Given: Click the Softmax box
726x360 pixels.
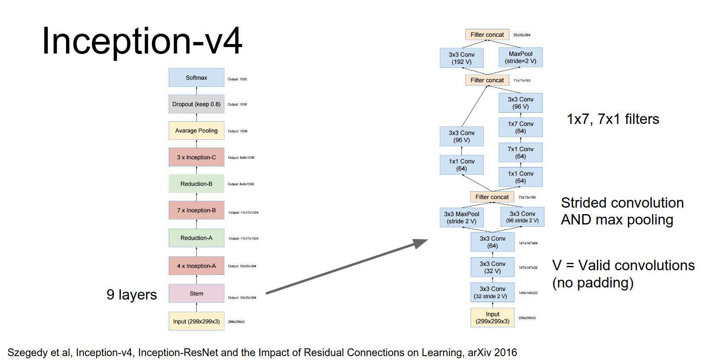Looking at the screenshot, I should click(196, 78).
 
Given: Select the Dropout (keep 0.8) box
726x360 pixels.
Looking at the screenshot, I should click(196, 104).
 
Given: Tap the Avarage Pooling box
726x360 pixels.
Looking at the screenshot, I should click(196, 131).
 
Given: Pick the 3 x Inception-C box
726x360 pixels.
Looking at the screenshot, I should click(196, 158).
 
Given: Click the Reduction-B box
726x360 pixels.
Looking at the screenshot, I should click(196, 184).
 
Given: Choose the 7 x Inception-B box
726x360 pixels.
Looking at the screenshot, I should click(196, 210).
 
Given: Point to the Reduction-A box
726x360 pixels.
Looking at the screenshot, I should click(196, 238).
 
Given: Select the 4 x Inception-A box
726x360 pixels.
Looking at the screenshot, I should click(196, 266).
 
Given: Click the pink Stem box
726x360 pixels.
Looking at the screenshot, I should click(196, 294).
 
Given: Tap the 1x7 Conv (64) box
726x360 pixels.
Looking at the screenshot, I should click(521, 127).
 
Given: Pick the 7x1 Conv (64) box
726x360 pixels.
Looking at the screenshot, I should click(521, 153).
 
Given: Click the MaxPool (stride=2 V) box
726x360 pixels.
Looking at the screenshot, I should click(521, 57).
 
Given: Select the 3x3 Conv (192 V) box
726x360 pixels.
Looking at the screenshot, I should click(461, 58).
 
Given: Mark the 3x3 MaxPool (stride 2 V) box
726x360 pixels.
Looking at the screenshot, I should click(461, 217).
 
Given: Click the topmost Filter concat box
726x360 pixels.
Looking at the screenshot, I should click(487, 35).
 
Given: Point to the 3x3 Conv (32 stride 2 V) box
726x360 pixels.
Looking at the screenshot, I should click(492, 292).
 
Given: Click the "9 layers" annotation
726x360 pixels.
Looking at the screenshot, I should click(132, 294).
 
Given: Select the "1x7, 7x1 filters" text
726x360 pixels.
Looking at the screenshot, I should click(613, 119).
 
